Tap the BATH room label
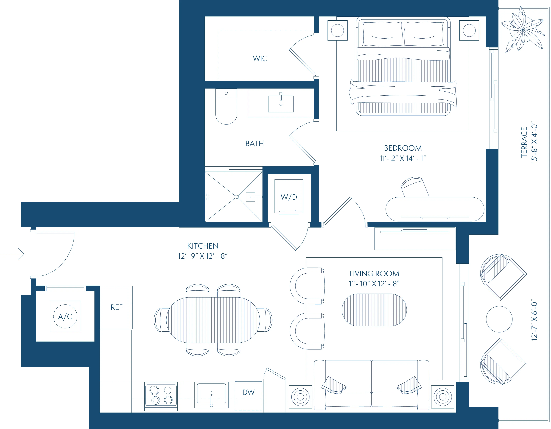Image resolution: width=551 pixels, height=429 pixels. point(254,143)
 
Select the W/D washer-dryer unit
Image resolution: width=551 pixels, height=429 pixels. point(289,197)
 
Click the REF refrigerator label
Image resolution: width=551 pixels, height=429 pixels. point(116,307)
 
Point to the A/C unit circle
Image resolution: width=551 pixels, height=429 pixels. point(65,316)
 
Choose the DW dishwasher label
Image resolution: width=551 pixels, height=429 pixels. point(248,393)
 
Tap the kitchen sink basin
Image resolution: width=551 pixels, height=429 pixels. point(211,393)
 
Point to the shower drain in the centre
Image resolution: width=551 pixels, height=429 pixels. point(237,197)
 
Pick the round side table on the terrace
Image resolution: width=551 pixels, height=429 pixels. point(499,319)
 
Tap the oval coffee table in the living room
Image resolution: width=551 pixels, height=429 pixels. point(374,310)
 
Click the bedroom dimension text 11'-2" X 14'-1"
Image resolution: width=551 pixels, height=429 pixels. point(403,158)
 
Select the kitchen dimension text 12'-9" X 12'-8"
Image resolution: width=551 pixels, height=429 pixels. point(203,256)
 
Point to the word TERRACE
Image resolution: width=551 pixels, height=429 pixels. point(524,142)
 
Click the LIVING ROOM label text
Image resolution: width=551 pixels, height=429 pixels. point(374,274)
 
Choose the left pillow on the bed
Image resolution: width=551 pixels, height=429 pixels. point(382,34)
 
